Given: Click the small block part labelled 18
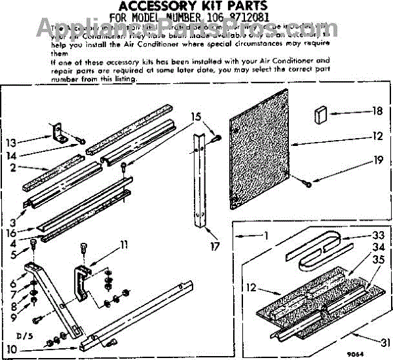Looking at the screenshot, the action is coord(322,115).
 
